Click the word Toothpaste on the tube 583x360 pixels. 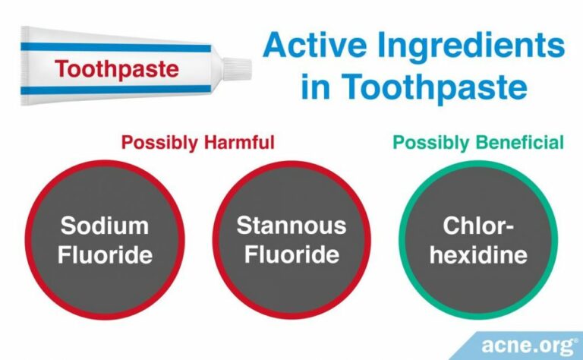pyautogui.click(x=117, y=70)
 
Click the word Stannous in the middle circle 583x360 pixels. pyautogui.click(x=291, y=226)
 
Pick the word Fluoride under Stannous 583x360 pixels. pyautogui.click(x=291, y=254)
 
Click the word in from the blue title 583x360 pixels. pyautogui.click(x=317, y=87)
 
